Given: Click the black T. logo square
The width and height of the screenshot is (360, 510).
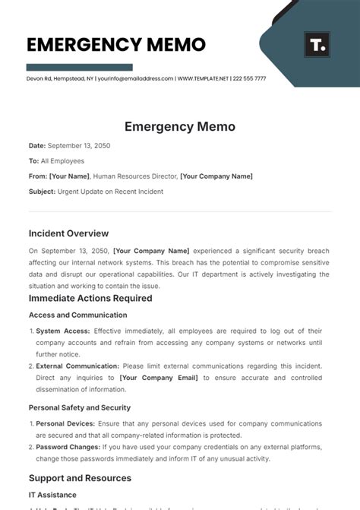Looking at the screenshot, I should click(x=317, y=45).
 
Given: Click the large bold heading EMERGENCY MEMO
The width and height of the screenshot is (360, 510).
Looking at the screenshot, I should click(x=116, y=44).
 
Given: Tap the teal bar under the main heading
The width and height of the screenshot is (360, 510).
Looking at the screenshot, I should click(x=80, y=67).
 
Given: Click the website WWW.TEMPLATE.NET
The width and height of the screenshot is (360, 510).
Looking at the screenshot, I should click(x=202, y=78).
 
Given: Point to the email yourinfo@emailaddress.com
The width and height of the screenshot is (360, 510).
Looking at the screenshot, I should click(x=133, y=78).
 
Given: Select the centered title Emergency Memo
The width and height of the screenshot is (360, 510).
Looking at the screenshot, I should click(x=180, y=127).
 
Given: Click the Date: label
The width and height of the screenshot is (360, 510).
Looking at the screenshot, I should click(x=37, y=145).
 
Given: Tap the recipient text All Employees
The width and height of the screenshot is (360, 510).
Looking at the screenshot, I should click(x=63, y=161).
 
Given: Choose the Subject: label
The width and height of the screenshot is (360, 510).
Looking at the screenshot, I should click(x=42, y=192).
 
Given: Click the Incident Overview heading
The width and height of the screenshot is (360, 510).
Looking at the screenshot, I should click(x=68, y=233).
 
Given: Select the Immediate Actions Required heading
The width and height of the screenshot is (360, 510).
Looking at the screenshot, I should click(x=90, y=298).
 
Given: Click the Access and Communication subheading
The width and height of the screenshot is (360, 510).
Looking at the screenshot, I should click(x=77, y=315).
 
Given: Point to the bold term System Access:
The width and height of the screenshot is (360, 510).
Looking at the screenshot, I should click(x=63, y=331).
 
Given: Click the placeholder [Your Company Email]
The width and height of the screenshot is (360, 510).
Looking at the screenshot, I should click(x=159, y=377).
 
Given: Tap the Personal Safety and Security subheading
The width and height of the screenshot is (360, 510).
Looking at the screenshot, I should click(x=80, y=407).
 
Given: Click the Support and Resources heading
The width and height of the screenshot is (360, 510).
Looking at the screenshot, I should click(x=80, y=478).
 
